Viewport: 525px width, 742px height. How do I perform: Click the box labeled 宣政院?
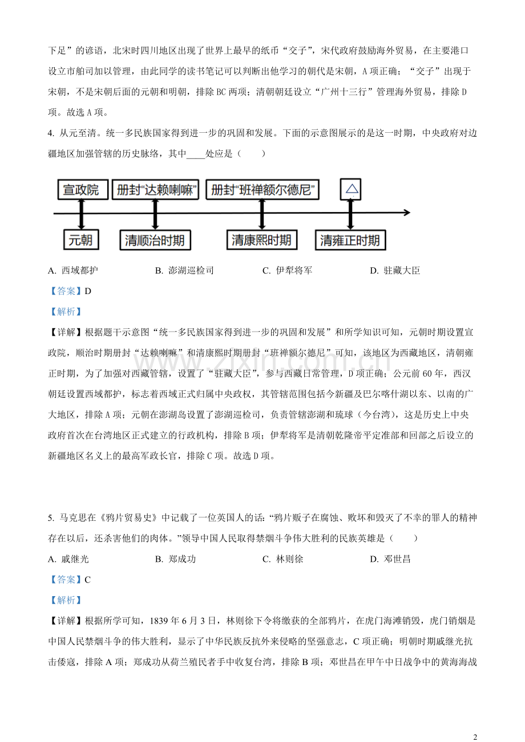(80, 190)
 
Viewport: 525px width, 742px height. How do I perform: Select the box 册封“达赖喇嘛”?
(155, 190)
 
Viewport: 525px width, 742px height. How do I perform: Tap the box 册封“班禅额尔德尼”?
(262, 190)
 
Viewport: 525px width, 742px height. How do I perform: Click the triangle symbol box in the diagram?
(351, 189)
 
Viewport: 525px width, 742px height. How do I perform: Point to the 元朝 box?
(80, 239)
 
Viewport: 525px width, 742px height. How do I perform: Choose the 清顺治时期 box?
(155, 240)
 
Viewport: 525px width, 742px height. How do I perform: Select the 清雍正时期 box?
(350, 240)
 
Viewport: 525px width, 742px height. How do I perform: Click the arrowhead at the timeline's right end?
(406, 213)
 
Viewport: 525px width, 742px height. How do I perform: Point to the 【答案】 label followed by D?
(66, 291)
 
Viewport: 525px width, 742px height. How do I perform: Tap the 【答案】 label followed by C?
(66, 580)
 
